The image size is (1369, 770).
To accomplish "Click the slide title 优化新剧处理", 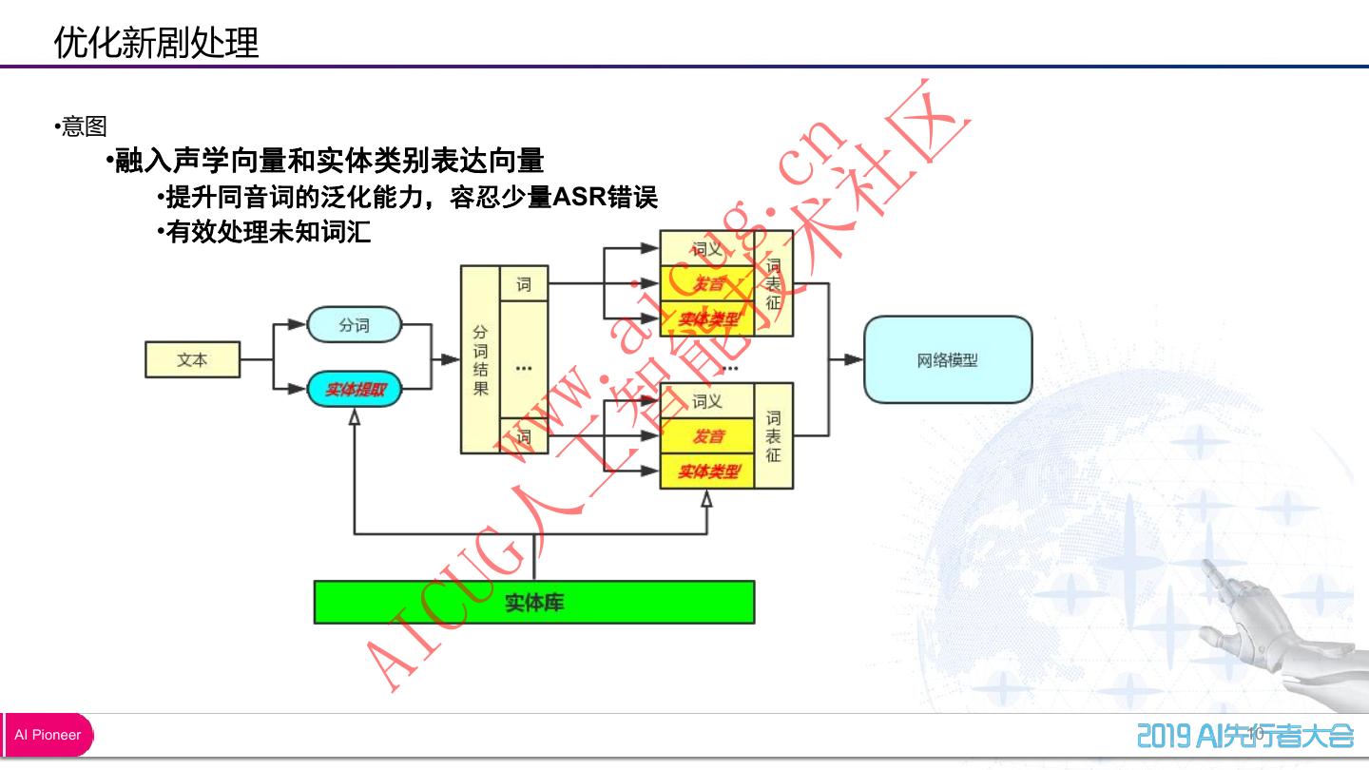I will (x=156, y=43).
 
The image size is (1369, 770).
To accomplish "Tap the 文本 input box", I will (x=192, y=360).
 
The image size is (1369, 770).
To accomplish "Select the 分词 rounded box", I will (x=354, y=325).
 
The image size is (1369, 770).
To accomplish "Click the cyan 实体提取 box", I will (x=354, y=389).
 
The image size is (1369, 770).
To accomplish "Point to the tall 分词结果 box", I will (x=480, y=359).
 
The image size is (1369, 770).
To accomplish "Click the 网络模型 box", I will (x=947, y=360).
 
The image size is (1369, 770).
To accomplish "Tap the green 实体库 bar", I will (x=533, y=603).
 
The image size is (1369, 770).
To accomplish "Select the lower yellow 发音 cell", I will (x=707, y=436).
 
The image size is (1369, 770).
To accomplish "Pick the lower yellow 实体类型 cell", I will (x=707, y=472).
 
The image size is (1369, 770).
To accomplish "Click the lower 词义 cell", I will (x=707, y=401).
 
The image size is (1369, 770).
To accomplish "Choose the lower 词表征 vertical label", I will (x=773, y=436).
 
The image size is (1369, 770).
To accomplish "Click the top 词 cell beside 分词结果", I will (x=524, y=284).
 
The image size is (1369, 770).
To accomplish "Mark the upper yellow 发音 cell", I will (x=707, y=284).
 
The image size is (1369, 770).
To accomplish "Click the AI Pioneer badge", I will (x=48, y=735).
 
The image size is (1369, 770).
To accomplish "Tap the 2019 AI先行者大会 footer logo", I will (x=1244, y=735).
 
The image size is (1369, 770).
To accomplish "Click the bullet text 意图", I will (x=84, y=126).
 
